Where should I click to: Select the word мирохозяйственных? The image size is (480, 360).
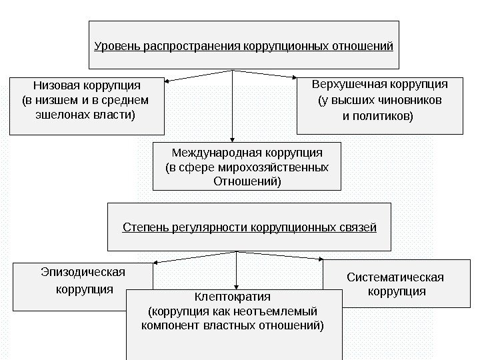click(x=286, y=167)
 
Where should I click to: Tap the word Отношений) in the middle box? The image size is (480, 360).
click(x=247, y=181)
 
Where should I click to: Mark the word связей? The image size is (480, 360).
click(x=361, y=228)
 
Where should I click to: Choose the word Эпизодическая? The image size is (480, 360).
click(x=83, y=271)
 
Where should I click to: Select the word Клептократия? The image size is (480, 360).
click(x=233, y=296)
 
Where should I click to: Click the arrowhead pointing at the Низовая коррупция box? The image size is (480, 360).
click(x=168, y=81)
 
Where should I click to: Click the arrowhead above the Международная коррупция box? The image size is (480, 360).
click(x=232, y=137)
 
